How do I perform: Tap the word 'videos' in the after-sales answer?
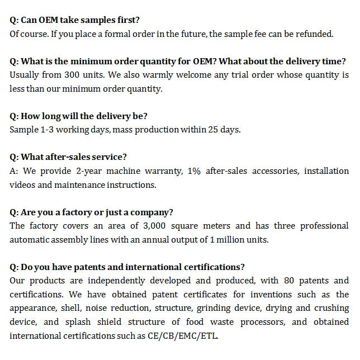point(22,184)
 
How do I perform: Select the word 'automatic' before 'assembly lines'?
point(29,240)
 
